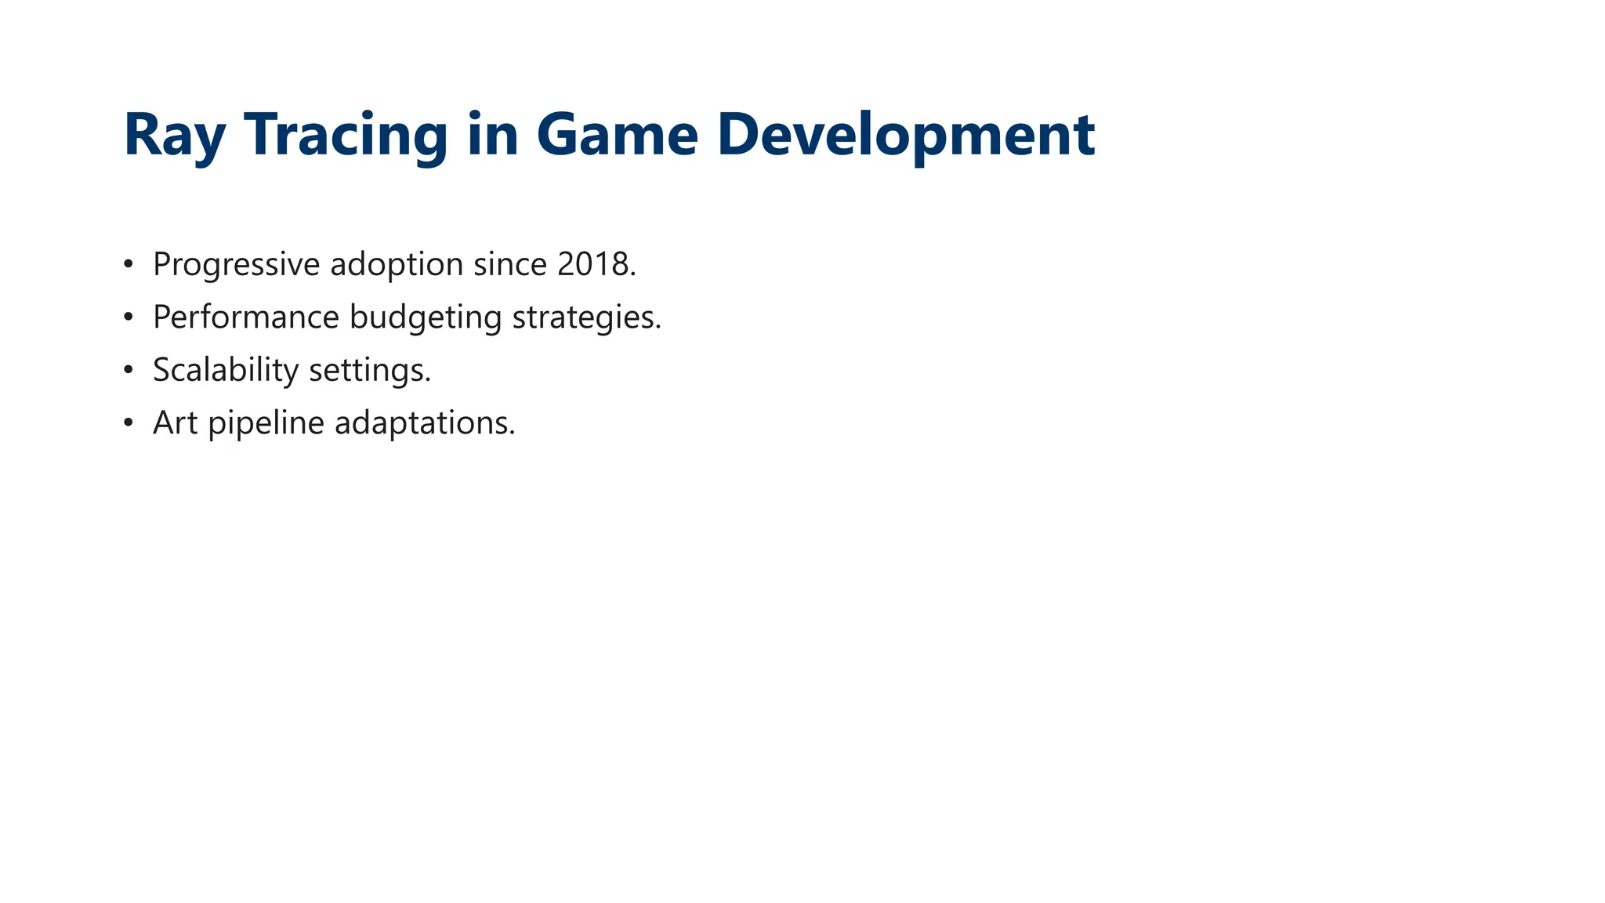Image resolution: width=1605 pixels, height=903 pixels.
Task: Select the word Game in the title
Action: coord(617,135)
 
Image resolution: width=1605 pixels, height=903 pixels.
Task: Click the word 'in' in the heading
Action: coord(493,135)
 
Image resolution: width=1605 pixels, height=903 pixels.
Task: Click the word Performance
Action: coord(246,317)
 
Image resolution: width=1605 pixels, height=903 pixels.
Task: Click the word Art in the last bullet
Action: coord(175,423)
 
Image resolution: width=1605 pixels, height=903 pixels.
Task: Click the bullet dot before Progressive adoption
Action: coord(129,265)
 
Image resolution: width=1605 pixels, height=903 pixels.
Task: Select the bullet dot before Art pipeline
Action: coord(129,423)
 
